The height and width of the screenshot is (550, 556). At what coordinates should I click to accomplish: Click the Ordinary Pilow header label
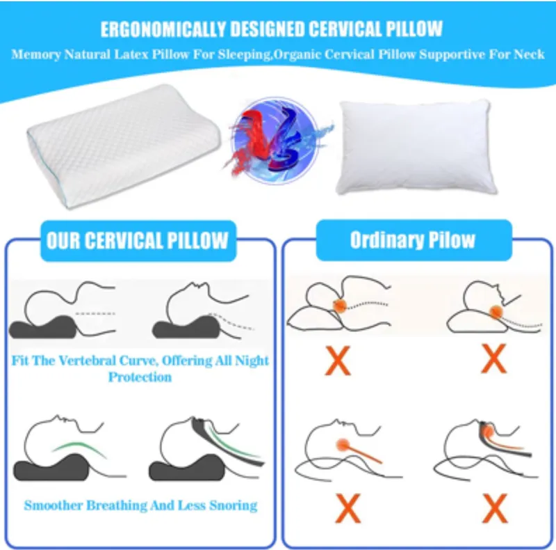(413, 241)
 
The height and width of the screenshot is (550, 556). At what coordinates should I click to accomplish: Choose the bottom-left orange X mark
(347, 510)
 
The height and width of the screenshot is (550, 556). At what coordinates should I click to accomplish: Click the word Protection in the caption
(140, 377)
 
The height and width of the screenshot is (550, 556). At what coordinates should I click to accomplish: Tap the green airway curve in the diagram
(78, 446)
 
